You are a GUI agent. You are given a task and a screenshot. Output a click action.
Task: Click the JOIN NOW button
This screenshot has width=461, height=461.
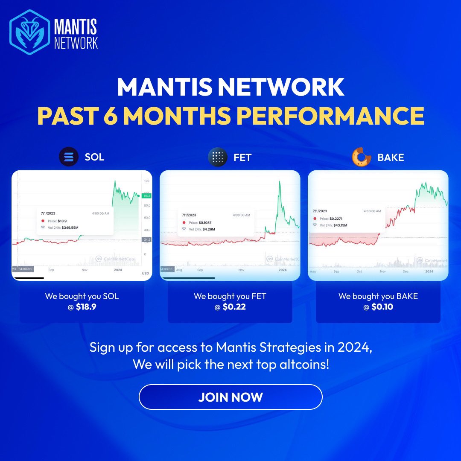coord(230,397)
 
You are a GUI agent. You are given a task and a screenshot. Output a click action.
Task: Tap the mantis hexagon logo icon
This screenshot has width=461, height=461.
coord(30,33)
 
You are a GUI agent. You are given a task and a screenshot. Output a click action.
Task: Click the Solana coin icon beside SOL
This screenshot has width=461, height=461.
coord(69,156)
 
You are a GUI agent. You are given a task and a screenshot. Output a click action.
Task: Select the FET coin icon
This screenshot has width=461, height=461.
coord(218,157)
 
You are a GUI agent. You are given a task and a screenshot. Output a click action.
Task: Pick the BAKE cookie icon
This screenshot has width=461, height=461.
coord(362,157)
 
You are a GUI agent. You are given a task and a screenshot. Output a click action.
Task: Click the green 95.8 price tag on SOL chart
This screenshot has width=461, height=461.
coord(146,195)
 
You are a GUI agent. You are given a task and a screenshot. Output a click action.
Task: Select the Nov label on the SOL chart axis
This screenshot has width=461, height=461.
coord(85,270)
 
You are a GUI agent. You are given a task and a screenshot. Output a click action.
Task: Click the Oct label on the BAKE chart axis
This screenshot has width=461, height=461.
coord(359,271)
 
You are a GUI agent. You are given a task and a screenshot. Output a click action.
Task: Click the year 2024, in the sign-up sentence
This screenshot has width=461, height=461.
coord(352,347)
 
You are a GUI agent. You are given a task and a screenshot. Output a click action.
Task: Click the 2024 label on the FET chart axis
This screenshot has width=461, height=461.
coord(282,270)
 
